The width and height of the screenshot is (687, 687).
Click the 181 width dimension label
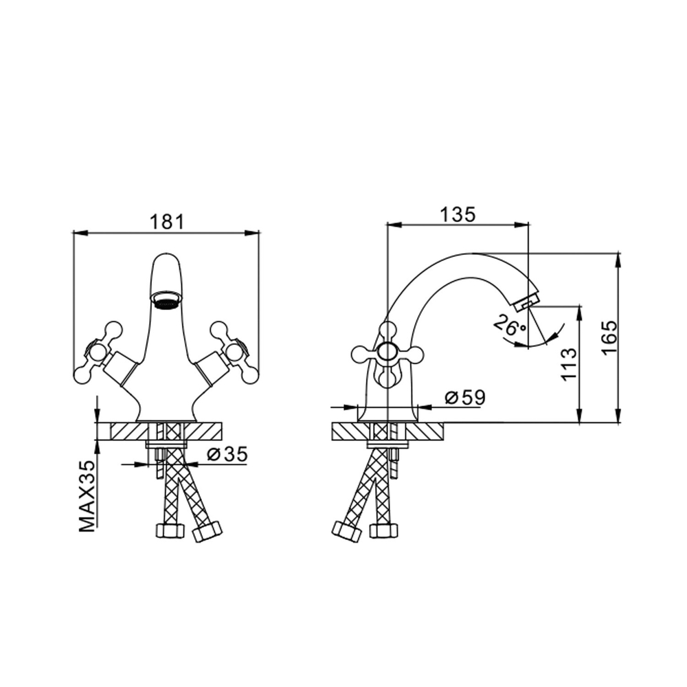point(167,221)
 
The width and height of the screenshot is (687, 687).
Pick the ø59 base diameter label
point(464,397)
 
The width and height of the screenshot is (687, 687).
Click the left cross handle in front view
point(96,352)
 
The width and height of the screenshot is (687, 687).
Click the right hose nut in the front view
point(208,531)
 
